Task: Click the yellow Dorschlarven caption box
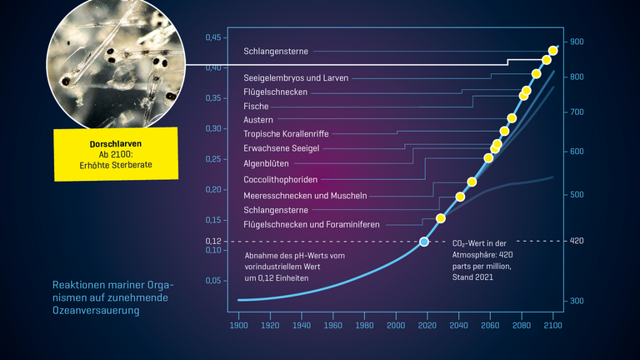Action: click(x=115, y=154)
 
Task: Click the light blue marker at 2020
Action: click(x=424, y=242)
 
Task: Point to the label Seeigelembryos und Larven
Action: click(x=296, y=77)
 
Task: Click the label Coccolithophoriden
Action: click(x=280, y=179)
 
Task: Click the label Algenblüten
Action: click(x=266, y=163)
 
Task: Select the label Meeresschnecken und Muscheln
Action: click(x=305, y=195)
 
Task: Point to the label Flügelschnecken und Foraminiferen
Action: click(x=311, y=225)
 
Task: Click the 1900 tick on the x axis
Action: click(x=239, y=325)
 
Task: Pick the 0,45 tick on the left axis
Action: click(x=214, y=37)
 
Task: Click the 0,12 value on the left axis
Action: click(x=214, y=242)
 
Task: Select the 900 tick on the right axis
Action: click(x=577, y=42)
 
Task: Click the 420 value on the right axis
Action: click(x=577, y=242)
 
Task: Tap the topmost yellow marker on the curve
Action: click(x=553, y=51)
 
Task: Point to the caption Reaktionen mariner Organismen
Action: click(x=107, y=297)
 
